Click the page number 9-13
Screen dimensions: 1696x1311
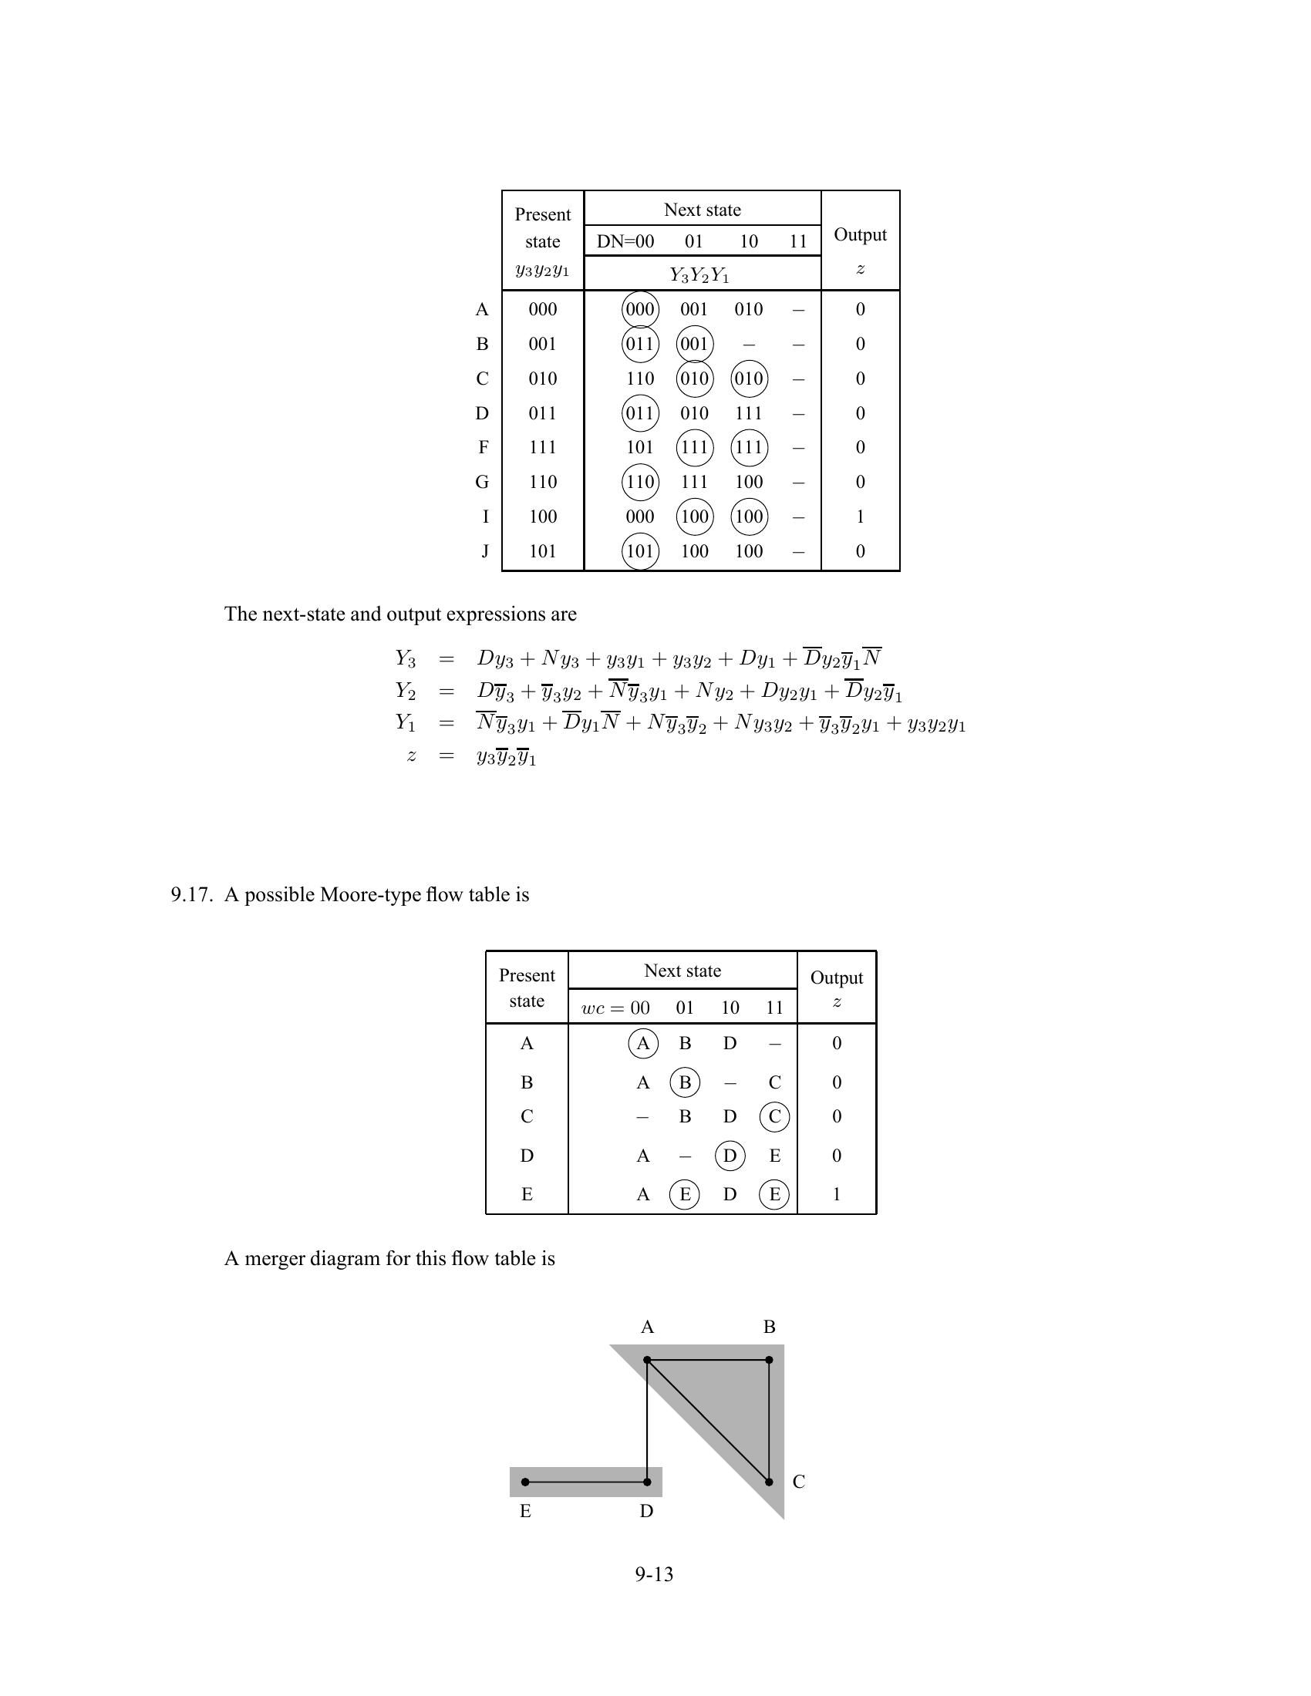click(x=654, y=1574)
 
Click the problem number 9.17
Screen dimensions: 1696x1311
click(x=191, y=894)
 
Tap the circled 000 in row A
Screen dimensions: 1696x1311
click(x=640, y=309)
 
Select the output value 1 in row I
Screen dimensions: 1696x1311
click(x=860, y=517)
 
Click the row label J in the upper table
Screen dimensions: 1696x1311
click(x=484, y=551)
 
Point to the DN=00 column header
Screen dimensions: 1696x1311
click(x=625, y=241)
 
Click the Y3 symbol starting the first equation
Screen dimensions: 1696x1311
click(x=405, y=658)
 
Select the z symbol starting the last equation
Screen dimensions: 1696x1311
click(x=411, y=756)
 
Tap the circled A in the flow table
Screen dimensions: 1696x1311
click(x=643, y=1043)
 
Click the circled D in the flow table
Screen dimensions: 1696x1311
click(x=730, y=1156)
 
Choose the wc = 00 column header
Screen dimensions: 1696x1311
click(x=616, y=1008)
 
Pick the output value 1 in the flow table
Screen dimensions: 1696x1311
click(x=837, y=1194)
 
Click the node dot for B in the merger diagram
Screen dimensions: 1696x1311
click(x=769, y=1360)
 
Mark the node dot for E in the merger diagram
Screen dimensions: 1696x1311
click(x=526, y=1482)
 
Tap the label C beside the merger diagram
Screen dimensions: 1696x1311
click(x=798, y=1482)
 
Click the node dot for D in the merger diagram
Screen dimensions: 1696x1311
click(x=647, y=1482)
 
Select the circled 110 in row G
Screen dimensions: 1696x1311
click(x=640, y=483)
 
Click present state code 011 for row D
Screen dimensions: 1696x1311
click(x=542, y=413)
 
